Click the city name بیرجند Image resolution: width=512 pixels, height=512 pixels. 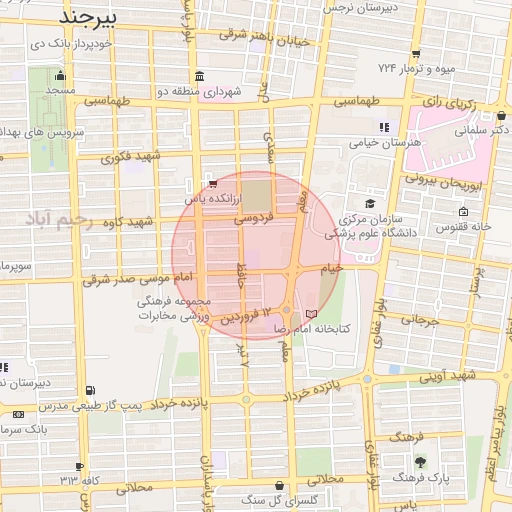pyautogui.click(x=88, y=18)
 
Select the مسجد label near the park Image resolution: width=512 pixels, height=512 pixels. pyautogui.click(x=59, y=90)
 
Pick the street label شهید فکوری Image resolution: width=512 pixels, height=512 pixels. pyautogui.click(x=132, y=156)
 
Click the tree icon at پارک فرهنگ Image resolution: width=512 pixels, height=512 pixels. pyautogui.click(x=420, y=461)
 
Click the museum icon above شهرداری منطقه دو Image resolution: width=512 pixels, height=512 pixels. pyautogui.click(x=200, y=77)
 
